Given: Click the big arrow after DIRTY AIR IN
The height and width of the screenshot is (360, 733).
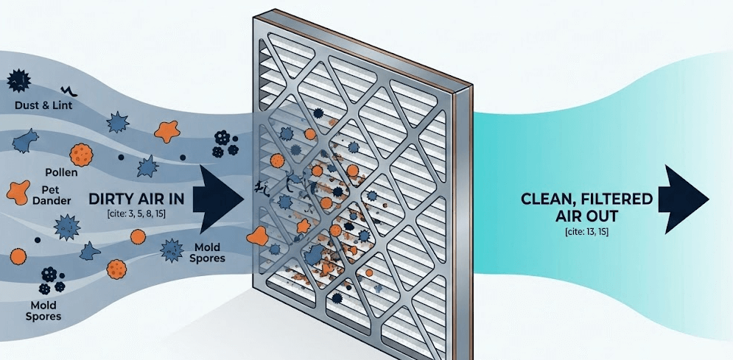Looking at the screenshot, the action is [219, 200].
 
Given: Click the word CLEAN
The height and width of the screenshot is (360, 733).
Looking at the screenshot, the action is [549, 200].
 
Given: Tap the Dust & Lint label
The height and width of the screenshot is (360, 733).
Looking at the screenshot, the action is [43, 105].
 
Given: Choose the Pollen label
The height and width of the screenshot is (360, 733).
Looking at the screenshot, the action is [61, 172].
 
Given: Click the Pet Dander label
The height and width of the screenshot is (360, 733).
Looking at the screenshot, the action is [56, 196].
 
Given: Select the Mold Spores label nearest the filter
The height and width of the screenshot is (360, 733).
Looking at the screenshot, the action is [210, 253].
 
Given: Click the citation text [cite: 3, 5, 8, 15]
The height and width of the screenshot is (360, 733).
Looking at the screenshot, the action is [136, 213].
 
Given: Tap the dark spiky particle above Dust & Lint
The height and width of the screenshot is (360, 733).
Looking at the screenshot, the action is [19, 80].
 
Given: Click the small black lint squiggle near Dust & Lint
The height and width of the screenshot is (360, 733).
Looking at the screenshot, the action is [66, 89].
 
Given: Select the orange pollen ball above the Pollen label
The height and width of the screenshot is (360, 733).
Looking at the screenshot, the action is [81, 155].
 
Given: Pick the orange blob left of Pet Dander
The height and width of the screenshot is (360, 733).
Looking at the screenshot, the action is [19, 193].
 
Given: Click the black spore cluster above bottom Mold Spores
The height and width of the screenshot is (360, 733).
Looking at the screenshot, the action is [52, 280].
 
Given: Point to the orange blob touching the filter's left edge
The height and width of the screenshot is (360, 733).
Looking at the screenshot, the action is [258, 236].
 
